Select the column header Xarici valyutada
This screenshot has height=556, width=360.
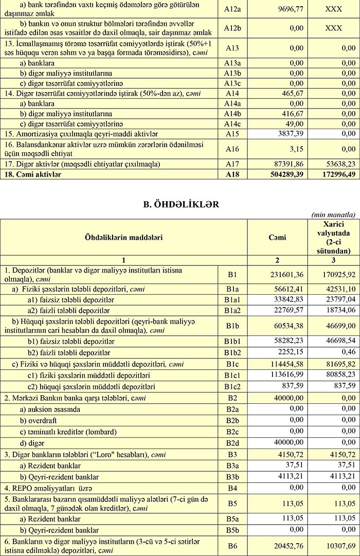tap(333, 237)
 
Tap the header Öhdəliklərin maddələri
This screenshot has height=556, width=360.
tap(123, 237)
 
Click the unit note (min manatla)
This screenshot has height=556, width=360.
tap(333, 214)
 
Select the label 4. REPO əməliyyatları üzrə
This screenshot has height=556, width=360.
tap(51, 487)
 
